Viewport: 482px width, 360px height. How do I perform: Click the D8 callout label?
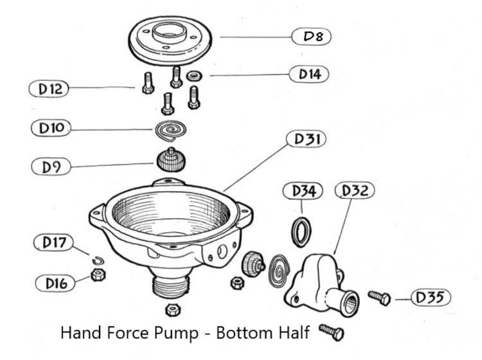pyautogui.click(x=312, y=37)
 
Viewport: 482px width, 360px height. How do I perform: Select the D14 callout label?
pyautogui.click(x=309, y=75)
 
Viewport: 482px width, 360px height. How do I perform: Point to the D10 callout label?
pyautogui.click(x=51, y=128)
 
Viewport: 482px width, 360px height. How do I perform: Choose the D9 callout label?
pyautogui.click(x=49, y=166)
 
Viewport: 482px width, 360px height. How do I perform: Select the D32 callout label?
pyautogui.click(x=354, y=191)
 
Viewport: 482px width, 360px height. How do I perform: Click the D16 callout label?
pyautogui.click(x=55, y=282)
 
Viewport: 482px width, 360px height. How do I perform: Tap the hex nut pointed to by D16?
pyautogui.click(x=98, y=275)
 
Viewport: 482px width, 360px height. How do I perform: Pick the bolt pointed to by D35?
pyautogui.click(x=379, y=297)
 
